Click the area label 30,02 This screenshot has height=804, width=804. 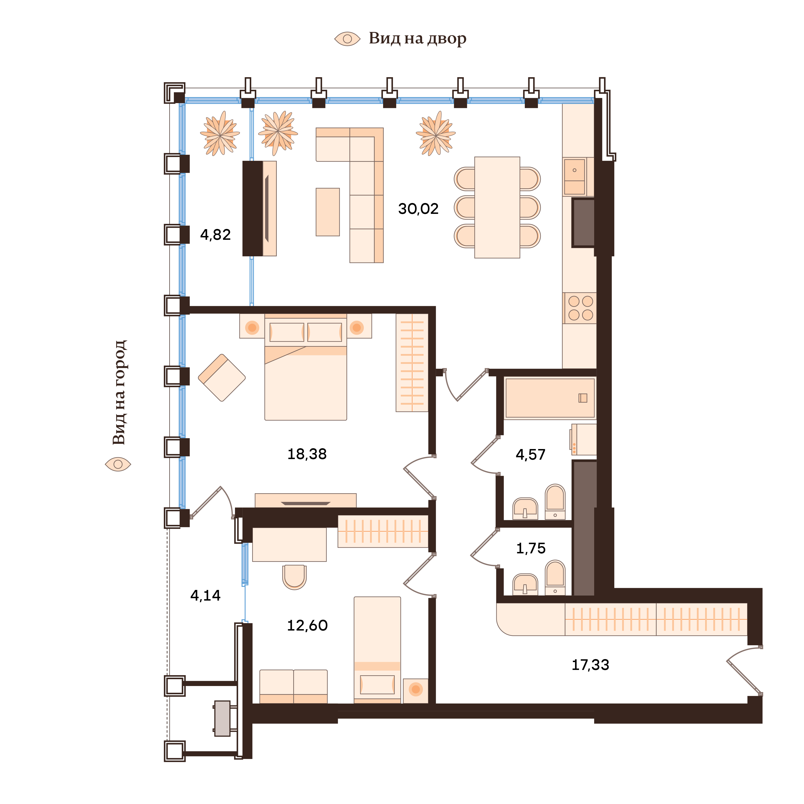pyautogui.click(x=418, y=209)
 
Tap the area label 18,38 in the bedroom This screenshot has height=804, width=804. pyautogui.click(x=307, y=454)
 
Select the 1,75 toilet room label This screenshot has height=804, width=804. pyautogui.click(x=531, y=549)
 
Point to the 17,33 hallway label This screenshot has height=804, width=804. pyautogui.click(x=590, y=665)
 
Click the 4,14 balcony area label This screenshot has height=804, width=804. pyautogui.click(x=205, y=596)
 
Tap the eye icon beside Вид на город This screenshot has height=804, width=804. pyautogui.click(x=118, y=464)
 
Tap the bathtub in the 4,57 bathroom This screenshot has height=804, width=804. pyautogui.click(x=549, y=398)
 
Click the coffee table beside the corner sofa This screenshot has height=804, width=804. pyautogui.click(x=327, y=212)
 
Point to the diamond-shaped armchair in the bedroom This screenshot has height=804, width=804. pyautogui.click(x=222, y=377)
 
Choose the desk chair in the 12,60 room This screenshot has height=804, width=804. pyautogui.click(x=294, y=576)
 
